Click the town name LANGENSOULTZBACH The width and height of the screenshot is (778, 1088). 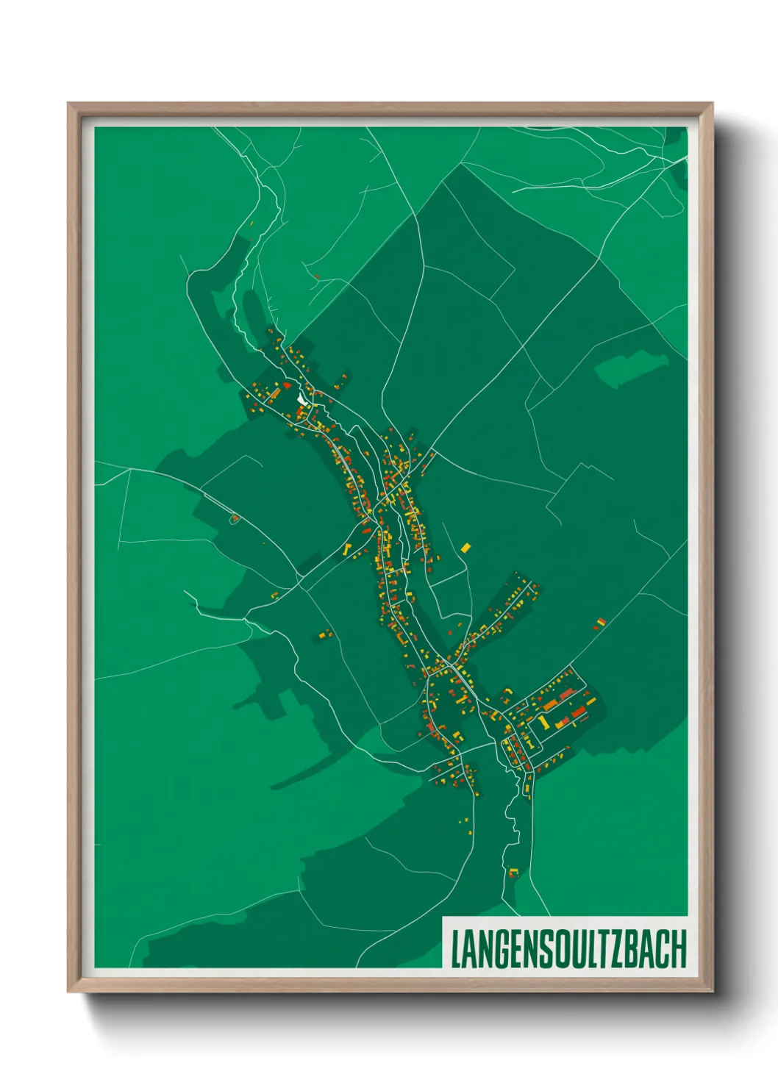coord(568,949)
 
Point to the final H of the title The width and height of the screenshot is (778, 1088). coord(678,949)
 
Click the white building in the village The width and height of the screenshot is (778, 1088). coord(302,399)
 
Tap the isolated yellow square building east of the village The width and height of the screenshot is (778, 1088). coord(465,548)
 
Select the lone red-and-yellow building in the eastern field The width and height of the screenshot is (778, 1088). coord(600,623)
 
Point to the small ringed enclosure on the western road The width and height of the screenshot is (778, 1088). coord(235,519)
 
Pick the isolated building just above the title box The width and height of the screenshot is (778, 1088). coord(514,873)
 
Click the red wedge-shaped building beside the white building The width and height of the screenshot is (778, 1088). coord(287,384)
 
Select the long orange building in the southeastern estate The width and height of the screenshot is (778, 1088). coord(549,704)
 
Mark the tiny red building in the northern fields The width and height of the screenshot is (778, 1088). coord(317,276)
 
